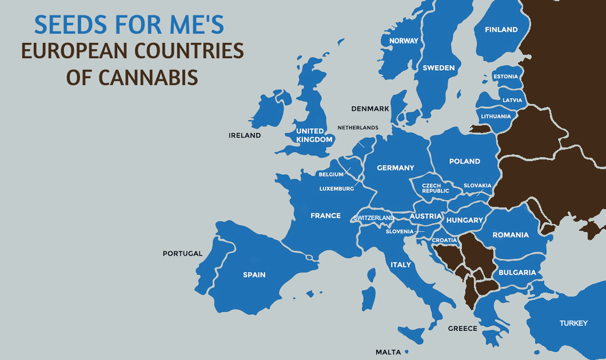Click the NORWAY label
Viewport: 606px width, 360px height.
tap(404, 41)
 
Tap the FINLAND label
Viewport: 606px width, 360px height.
tap(501, 30)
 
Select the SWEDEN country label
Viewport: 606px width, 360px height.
tap(438, 68)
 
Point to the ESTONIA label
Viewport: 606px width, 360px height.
tap(505, 77)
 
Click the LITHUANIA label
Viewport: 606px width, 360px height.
tap(496, 117)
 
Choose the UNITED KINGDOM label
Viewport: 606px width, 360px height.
tap(314, 135)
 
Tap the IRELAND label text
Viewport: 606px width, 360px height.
tap(245, 135)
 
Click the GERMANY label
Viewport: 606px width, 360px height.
tap(395, 168)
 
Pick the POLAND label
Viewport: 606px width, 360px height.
tap(464, 161)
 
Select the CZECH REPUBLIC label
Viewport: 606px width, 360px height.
tap(436, 188)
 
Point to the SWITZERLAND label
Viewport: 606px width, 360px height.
tap(374, 218)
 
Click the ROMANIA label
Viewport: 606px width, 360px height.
tap(511, 235)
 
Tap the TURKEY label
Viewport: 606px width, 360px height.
tap(573, 323)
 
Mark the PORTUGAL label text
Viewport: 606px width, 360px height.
tap(182, 254)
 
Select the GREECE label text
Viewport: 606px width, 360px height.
tap(463, 329)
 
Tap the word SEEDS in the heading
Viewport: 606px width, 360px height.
tap(70, 25)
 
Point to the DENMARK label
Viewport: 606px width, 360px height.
tap(370, 109)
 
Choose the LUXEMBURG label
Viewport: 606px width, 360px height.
tap(337, 189)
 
